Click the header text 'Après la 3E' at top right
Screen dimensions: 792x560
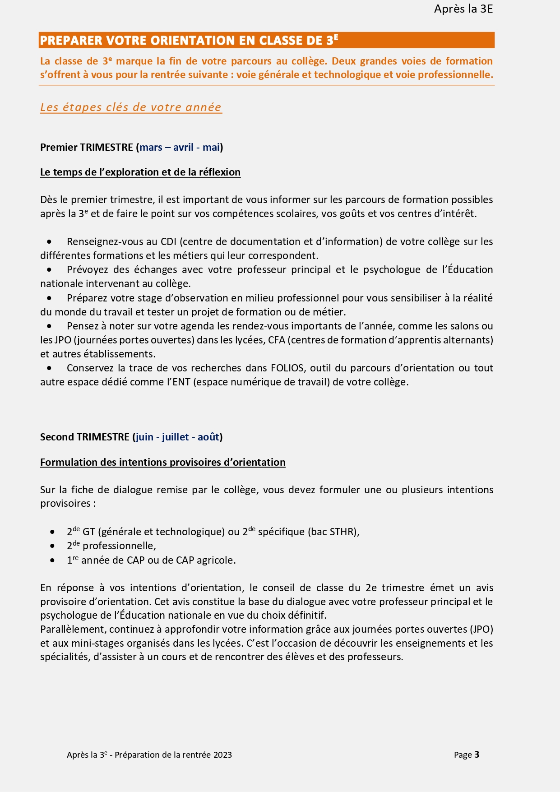pos(463,9)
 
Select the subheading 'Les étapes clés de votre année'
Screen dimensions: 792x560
pos(131,107)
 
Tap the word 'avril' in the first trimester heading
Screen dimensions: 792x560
pos(183,147)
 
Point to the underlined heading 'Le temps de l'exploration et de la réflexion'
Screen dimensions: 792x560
pos(140,172)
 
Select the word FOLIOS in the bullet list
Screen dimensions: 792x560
pos(287,368)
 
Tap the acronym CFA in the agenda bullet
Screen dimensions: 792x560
pos(277,340)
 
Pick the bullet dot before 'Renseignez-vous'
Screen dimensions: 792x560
pos(49,242)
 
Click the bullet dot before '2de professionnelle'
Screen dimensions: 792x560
pos(53,546)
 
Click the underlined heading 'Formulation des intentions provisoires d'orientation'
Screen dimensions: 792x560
pos(162,462)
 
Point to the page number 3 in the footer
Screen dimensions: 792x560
pos(477,755)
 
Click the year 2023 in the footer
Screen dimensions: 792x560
pos(223,755)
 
